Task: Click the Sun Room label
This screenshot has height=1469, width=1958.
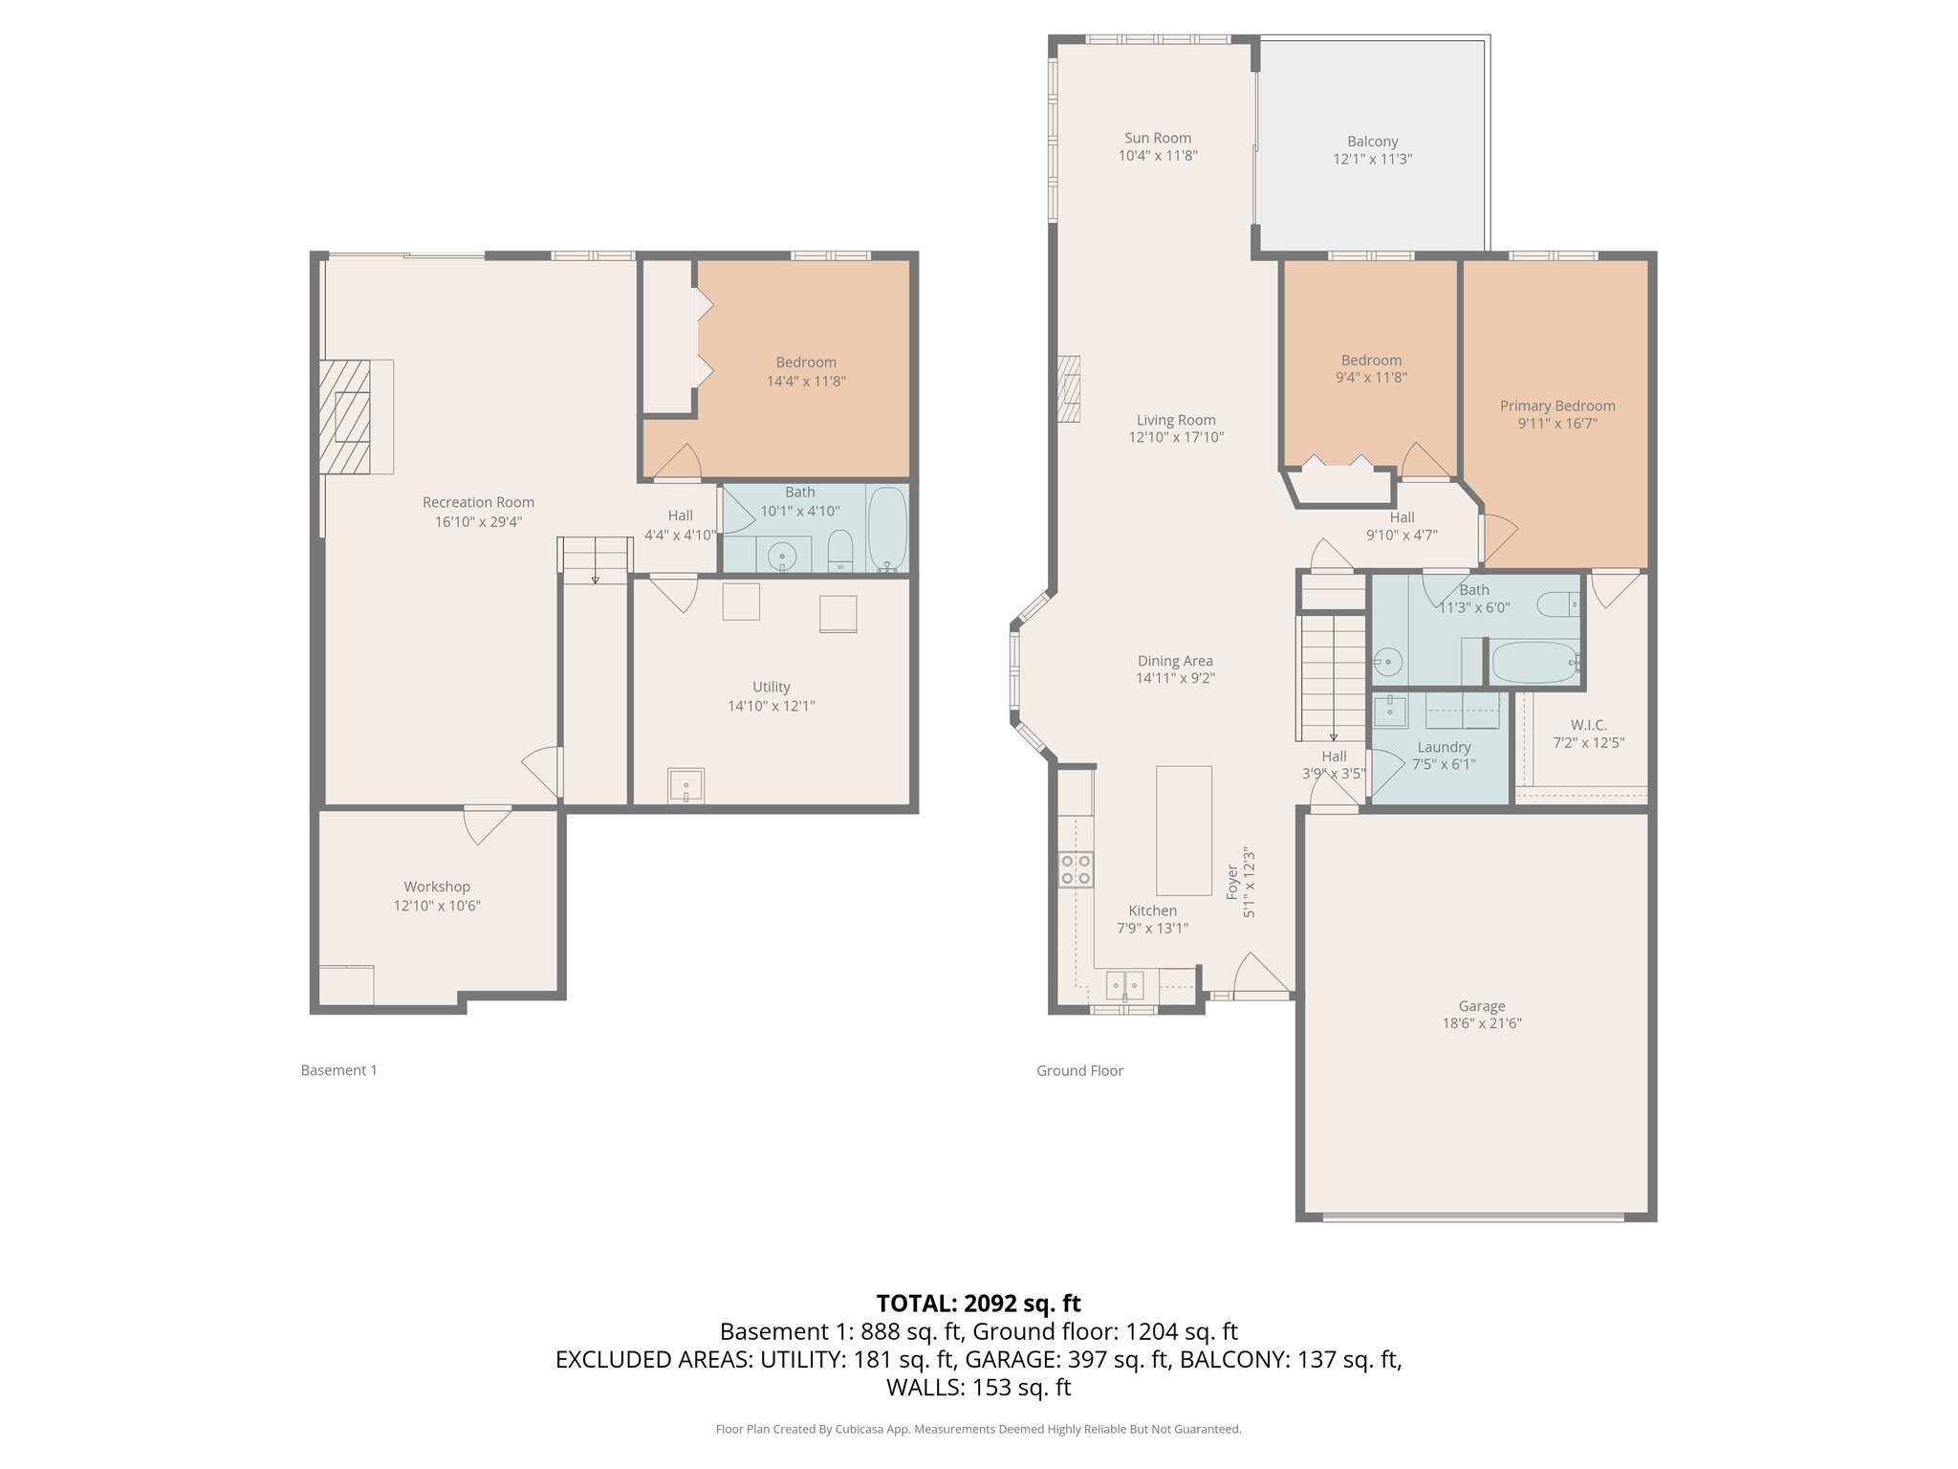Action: point(1157,138)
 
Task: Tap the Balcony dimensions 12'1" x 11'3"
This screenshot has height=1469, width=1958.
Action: point(1372,159)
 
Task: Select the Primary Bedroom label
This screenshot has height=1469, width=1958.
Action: point(1556,406)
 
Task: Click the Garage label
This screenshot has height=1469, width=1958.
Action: point(1481,1005)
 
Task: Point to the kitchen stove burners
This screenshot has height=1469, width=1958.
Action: point(1076,869)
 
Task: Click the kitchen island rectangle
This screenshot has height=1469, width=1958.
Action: point(1184,829)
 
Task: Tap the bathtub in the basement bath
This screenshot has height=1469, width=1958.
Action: point(887,529)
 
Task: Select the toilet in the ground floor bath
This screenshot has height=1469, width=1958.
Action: point(1557,603)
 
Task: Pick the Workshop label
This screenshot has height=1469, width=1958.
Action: point(436,887)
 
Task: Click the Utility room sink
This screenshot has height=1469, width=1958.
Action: point(685,785)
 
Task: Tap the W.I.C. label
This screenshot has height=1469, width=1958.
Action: point(1588,725)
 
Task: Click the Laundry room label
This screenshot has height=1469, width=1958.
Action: point(1444,747)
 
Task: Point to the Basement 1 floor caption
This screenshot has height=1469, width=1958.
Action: point(338,1070)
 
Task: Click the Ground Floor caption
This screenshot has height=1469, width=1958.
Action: point(1079,1070)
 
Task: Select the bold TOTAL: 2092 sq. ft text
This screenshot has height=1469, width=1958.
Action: point(978,1303)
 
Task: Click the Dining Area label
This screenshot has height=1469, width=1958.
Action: point(1175,661)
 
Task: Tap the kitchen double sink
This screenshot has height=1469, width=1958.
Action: point(1124,984)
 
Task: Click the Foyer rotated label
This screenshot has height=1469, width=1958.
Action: point(1232,882)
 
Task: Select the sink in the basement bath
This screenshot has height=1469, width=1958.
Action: point(783,554)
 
